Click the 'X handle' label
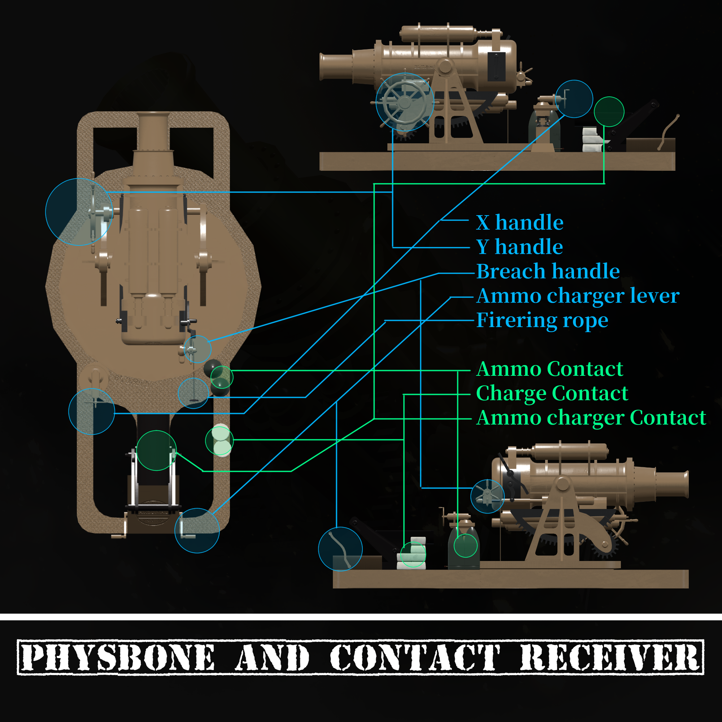click(519, 223)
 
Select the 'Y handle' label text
click(519, 247)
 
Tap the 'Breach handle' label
click(548, 271)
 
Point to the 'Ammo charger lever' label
click(578, 296)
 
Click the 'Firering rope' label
click(542, 321)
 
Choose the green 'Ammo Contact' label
click(550, 369)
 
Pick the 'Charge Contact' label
click(552, 393)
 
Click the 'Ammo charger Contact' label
click(591, 418)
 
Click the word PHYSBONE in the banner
click(118, 657)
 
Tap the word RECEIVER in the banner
click(609, 657)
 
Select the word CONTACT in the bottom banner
click(415, 657)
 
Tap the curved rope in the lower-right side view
click(340, 549)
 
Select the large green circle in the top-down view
click(156, 450)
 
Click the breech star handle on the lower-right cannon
click(487, 496)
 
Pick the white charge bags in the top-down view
click(221, 440)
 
